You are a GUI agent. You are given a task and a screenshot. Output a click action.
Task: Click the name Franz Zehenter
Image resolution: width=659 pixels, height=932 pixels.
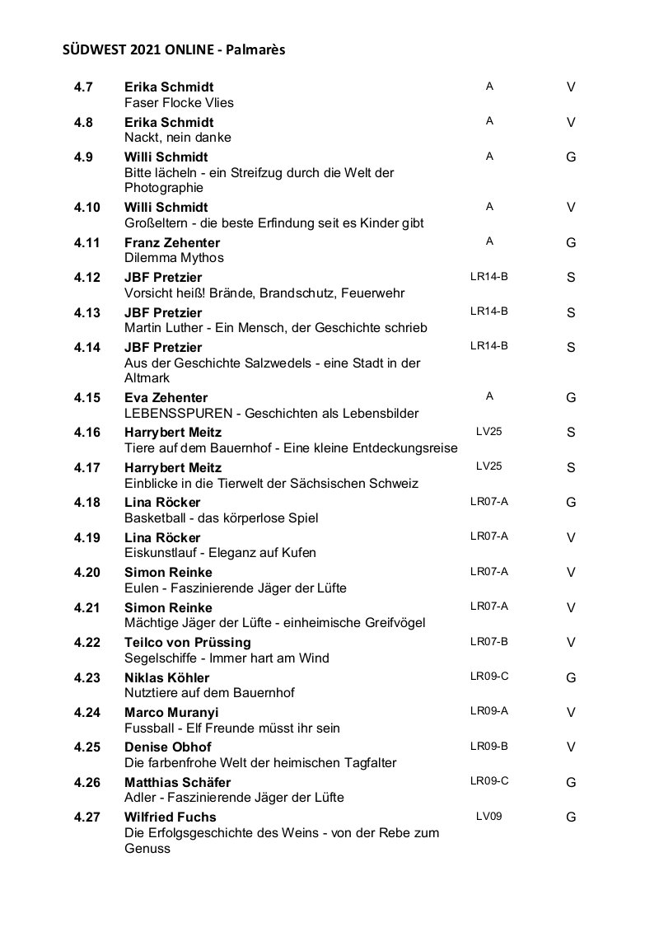coord(172,242)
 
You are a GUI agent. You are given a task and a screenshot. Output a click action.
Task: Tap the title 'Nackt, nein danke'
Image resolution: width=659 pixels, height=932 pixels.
coord(177,137)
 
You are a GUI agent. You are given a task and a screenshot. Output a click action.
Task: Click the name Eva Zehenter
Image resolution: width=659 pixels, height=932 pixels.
coord(166,397)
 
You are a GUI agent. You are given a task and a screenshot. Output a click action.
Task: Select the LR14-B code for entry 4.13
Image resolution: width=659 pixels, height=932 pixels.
coord(488,311)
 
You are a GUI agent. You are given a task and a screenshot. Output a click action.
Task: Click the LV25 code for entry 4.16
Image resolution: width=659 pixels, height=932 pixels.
coord(488,430)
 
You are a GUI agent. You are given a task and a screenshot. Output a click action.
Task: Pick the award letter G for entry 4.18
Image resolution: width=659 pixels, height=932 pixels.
coord(571,502)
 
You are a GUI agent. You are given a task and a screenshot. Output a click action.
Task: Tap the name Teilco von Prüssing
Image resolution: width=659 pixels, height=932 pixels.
coord(188,642)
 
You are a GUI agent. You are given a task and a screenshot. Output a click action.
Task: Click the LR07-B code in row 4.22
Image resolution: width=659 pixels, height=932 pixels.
coord(488,640)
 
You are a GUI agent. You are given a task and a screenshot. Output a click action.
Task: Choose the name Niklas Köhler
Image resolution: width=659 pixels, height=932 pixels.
coord(166,677)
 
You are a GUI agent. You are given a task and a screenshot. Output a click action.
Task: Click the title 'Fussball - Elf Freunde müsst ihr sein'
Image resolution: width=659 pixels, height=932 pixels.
coord(231,728)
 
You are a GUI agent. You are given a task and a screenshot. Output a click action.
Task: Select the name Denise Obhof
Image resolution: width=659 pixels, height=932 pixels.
coord(167,747)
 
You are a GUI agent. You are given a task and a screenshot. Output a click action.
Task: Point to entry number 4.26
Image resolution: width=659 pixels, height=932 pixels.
coord(86,782)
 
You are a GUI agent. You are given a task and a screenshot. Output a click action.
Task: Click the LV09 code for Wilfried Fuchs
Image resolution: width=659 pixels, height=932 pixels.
coord(488,816)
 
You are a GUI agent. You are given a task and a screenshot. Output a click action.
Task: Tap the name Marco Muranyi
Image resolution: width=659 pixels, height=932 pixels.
coord(171,712)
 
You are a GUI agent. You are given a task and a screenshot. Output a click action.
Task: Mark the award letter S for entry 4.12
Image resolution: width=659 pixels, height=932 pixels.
coord(571,278)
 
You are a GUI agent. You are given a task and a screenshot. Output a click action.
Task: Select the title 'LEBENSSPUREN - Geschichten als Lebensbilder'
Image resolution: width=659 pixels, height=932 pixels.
coord(271,413)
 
